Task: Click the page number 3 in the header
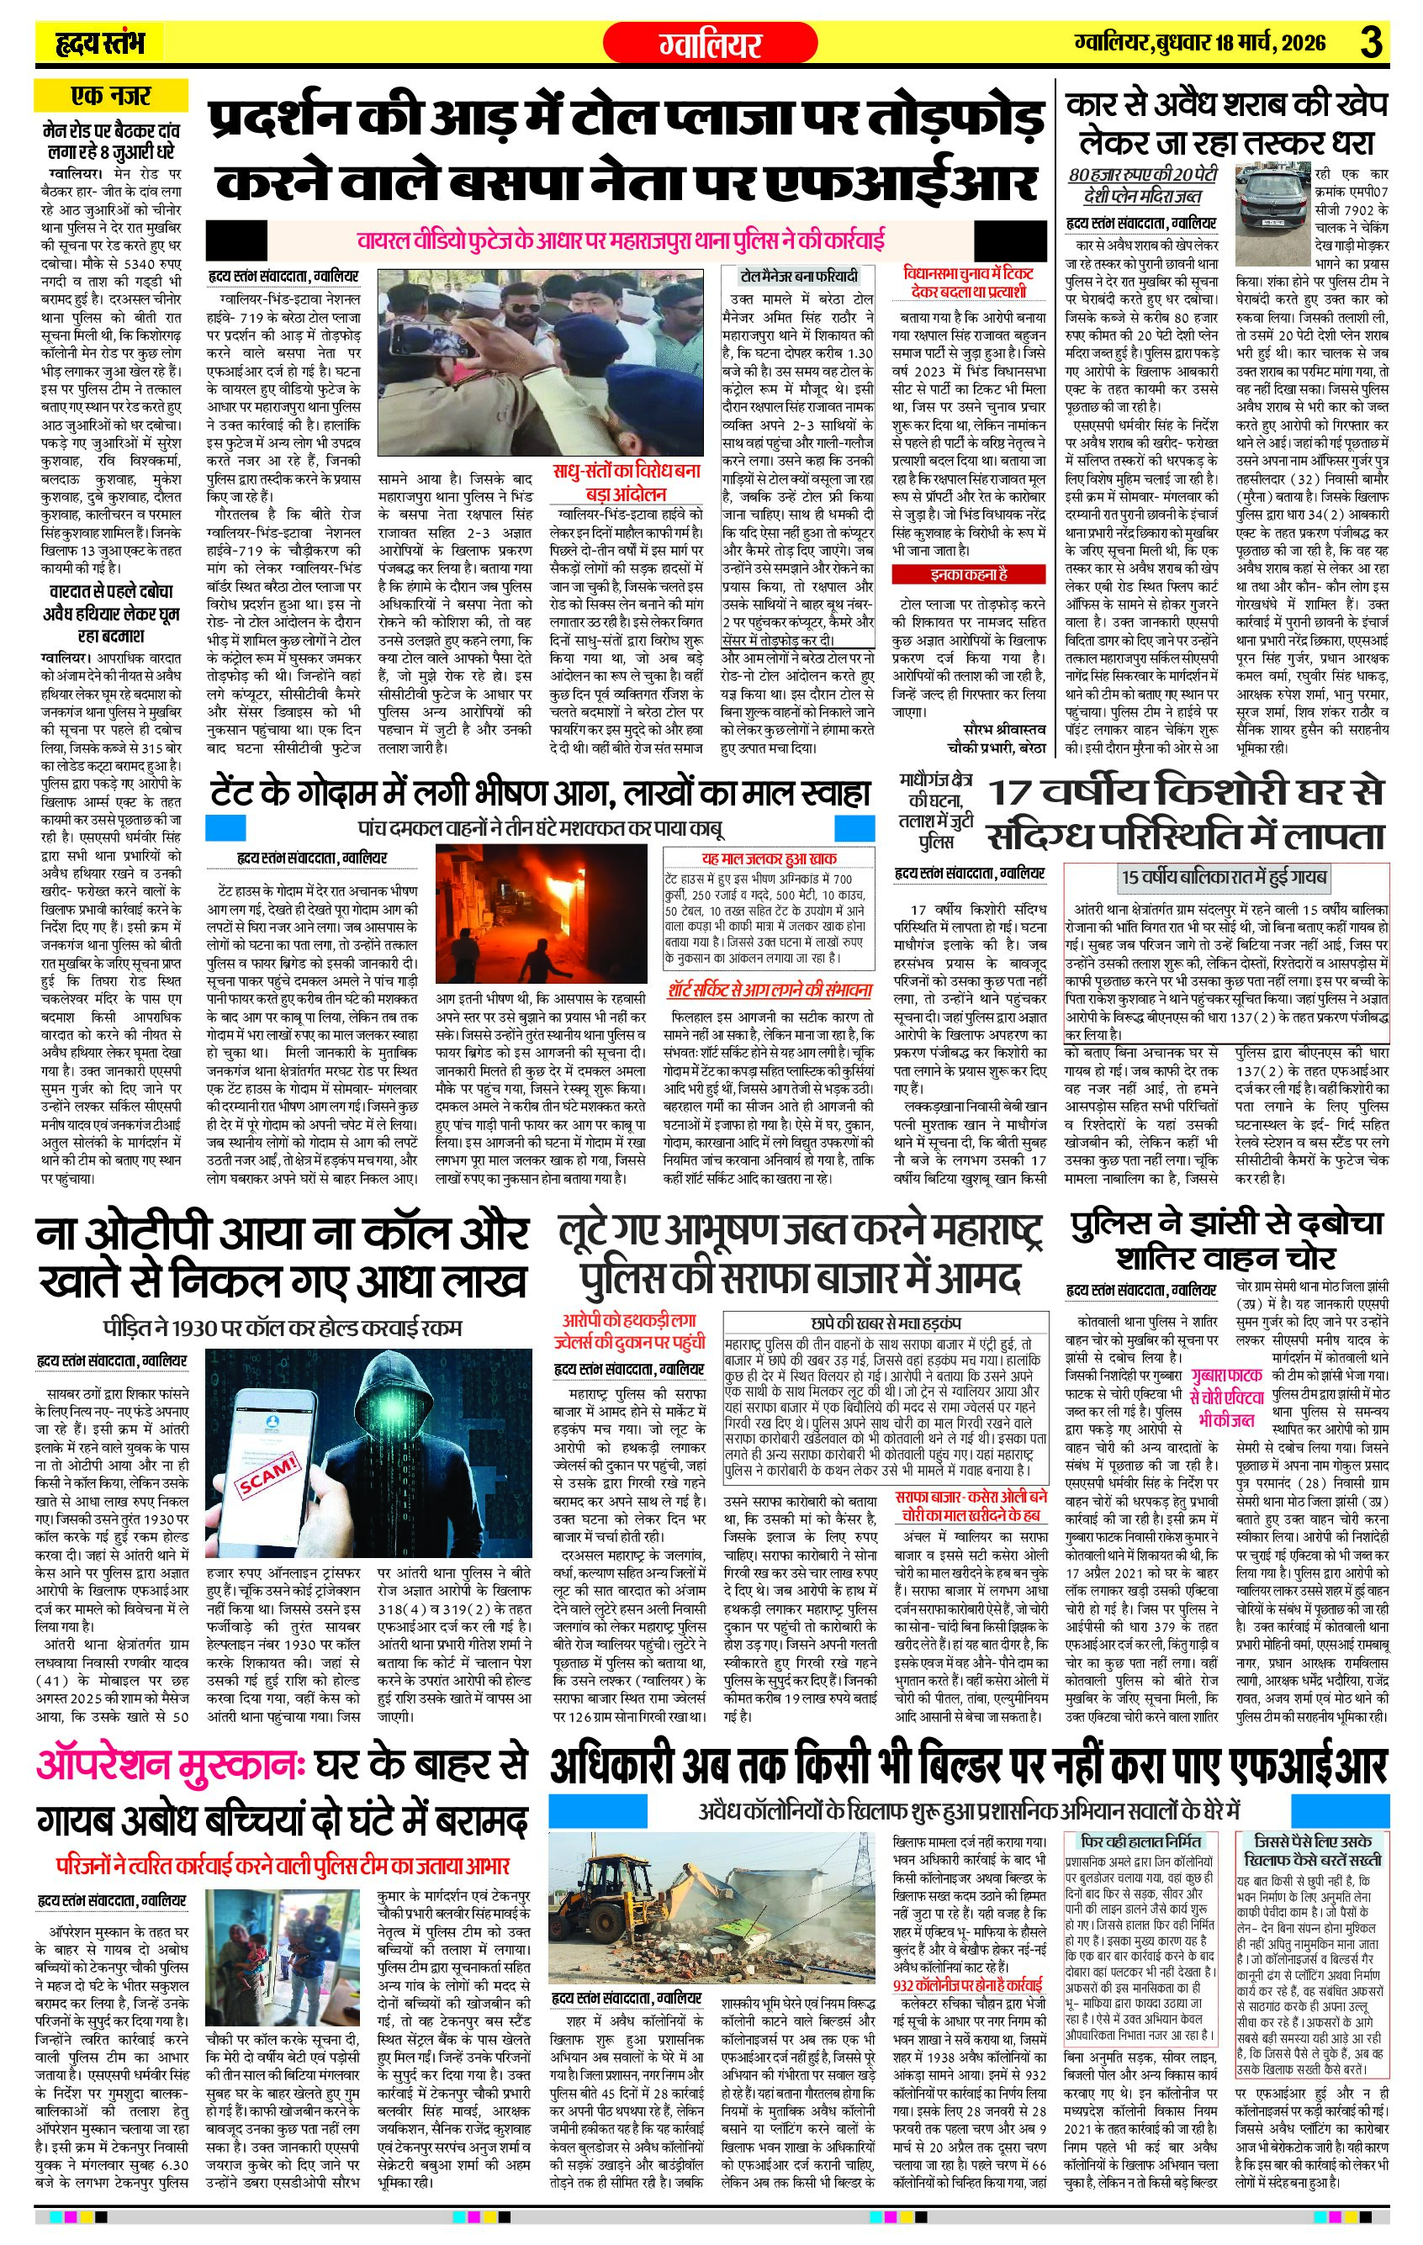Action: coord(1371,43)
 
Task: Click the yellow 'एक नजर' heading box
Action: coord(110,95)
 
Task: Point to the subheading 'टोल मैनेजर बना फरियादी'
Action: coord(798,276)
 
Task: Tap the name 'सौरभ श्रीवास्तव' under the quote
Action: coord(1004,729)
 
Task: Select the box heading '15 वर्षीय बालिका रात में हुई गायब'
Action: coord(1225,876)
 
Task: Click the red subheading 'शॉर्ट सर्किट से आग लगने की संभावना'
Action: coord(770,989)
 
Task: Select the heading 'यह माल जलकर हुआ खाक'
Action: coord(770,858)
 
